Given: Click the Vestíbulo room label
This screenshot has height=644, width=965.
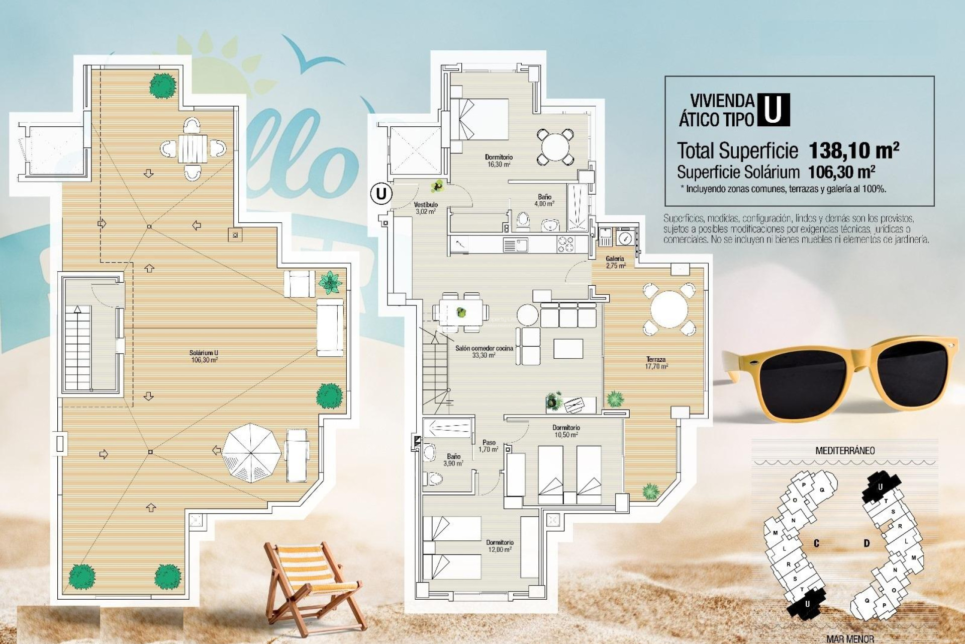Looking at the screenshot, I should pyautogui.click(x=426, y=208).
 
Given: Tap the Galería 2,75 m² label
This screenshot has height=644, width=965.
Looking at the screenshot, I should pyautogui.click(x=615, y=262).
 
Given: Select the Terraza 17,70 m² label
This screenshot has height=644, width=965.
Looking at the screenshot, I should pyautogui.click(x=656, y=363).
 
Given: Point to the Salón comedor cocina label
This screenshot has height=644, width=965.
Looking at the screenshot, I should pyautogui.click(x=484, y=351).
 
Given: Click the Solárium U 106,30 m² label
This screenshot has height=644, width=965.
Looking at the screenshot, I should pyautogui.click(x=204, y=356).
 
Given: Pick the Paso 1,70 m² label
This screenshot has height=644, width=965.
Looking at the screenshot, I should pyautogui.click(x=489, y=446).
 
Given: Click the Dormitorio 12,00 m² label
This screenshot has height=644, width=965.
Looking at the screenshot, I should pyautogui.click(x=500, y=546).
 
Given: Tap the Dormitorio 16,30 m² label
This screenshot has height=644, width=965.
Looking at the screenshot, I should pyautogui.click(x=499, y=160).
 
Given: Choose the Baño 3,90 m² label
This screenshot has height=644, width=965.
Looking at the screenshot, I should pyautogui.click(x=453, y=460).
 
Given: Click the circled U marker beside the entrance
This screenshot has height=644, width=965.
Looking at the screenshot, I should pyautogui.click(x=381, y=193).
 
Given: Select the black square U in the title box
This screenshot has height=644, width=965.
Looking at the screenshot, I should pyautogui.click(x=773, y=110).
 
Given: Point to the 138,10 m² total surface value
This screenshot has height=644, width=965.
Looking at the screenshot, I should pyautogui.click(x=853, y=150).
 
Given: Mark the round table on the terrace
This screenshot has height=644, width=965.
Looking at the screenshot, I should pyautogui.click(x=669, y=309).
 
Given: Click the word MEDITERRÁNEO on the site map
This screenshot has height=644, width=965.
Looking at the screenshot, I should pyautogui.click(x=844, y=450).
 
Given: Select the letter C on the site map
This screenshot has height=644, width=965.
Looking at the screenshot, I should pyautogui.click(x=816, y=543).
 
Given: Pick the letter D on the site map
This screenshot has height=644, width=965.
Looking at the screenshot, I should pyautogui.click(x=866, y=543).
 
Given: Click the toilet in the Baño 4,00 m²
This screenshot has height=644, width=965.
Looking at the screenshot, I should pyautogui.click(x=523, y=220).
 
